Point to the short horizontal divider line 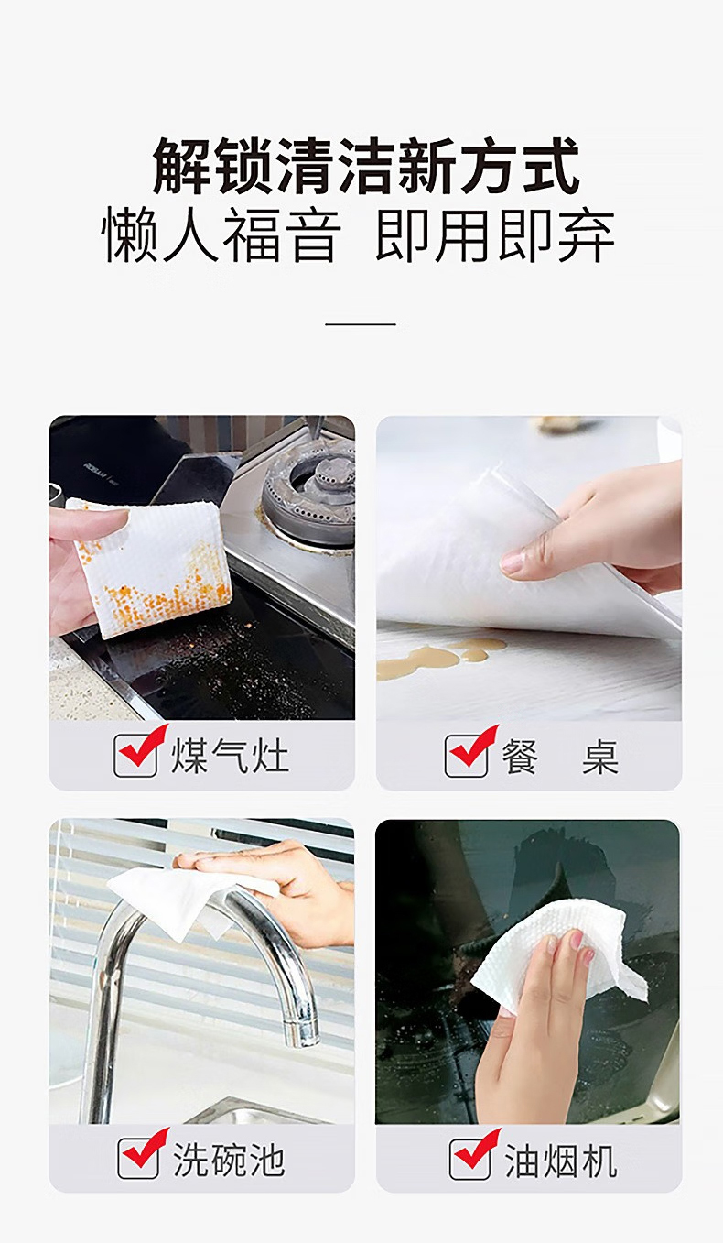click(361, 324)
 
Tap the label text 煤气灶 click(230, 755)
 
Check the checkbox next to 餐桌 click(467, 755)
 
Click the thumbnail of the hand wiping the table click(529, 568)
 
